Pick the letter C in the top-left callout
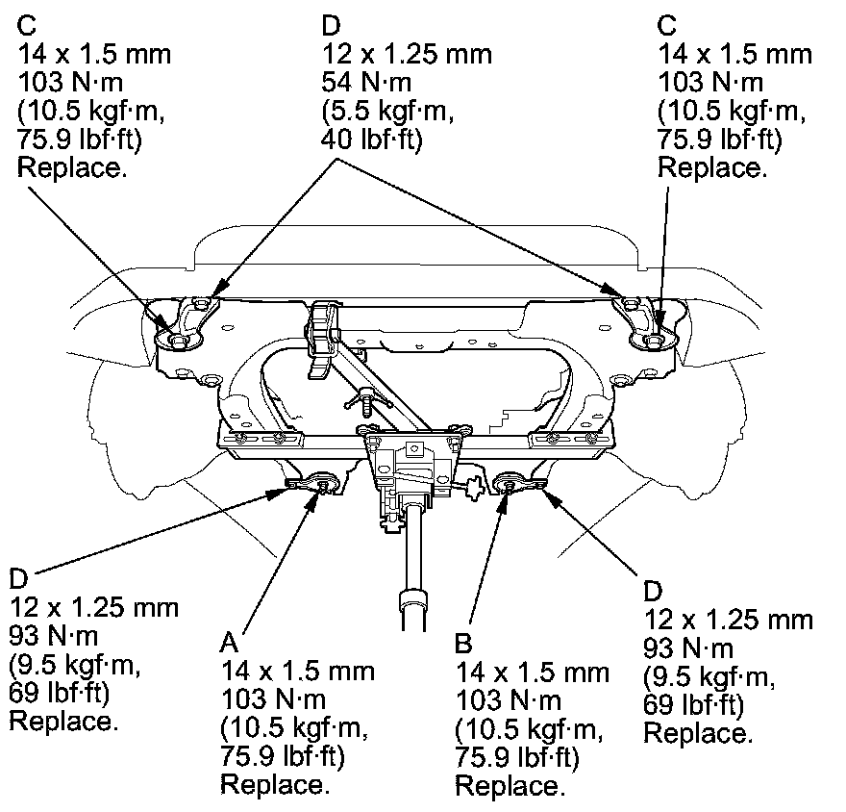pyautogui.click(x=27, y=23)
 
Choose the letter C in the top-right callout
pyautogui.click(x=667, y=23)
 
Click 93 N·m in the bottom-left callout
pyautogui.click(x=54, y=636)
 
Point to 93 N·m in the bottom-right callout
pyautogui.click(x=688, y=647)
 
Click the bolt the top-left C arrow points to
pyautogui.click(x=178, y=340)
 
